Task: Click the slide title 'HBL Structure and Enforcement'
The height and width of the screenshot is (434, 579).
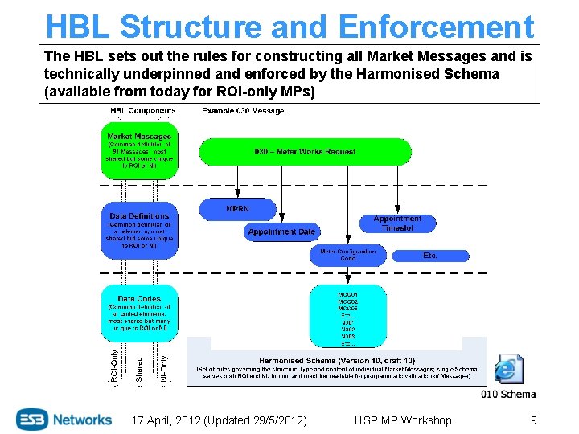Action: pos(289,26)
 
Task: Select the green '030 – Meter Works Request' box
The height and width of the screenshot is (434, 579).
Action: pos(305,151)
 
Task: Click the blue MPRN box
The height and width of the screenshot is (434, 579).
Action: pos(237,209)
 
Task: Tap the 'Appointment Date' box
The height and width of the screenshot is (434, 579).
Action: pos(281,231)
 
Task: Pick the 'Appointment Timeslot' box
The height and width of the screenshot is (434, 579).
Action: pos(397,223)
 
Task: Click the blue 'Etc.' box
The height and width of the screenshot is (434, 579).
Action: pos(430,256)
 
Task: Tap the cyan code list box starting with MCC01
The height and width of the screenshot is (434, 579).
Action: pos(347,314)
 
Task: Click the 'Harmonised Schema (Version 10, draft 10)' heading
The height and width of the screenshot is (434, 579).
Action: pos(337,361)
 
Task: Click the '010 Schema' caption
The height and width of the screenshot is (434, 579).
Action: pos(508,394)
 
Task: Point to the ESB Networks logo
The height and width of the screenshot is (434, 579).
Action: pos(64,420)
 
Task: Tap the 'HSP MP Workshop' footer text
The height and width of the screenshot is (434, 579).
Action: pos(402,420)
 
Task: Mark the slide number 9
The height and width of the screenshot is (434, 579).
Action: pos(533,420)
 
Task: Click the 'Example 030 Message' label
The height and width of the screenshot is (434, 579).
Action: pos(242,111)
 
